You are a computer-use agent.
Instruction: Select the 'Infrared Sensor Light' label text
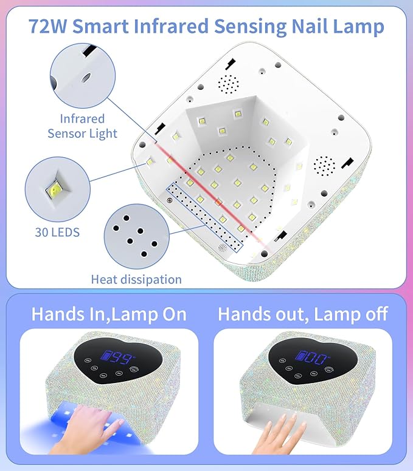coord(82,126)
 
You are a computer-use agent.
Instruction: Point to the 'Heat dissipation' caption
coord(136,279)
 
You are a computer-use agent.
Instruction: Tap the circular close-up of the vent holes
coord(133,235)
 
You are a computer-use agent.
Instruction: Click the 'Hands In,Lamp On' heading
coord(109,314)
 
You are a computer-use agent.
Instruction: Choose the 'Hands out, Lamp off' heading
coord(302,314)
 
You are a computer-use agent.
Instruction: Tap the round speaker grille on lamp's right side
coord(324,164)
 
